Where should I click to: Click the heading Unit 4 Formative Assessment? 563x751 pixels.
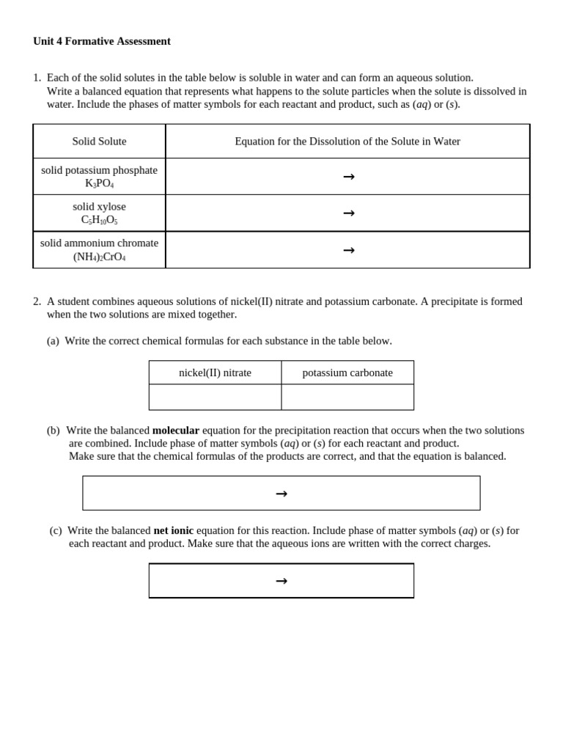tap(102, 41)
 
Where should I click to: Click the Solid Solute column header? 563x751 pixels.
tap(99, 142)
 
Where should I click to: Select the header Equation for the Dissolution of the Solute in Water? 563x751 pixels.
tap(347, 142)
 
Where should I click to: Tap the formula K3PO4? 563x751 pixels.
tap(99, 183)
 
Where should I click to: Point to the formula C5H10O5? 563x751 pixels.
tap(99, 220)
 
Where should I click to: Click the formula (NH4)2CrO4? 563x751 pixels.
tap(99, 257)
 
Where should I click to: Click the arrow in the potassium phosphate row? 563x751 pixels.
tap(349, 177)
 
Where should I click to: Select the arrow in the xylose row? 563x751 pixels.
tap(349, 213)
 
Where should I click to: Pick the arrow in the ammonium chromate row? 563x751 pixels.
tap(349, 250)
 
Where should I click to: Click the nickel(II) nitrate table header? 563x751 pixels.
tap(215, 373)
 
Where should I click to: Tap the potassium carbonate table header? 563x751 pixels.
tap(347, 373)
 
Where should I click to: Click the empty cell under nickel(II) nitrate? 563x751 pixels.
tap(215, 397)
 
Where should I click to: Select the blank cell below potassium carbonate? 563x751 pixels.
tap(347, 397)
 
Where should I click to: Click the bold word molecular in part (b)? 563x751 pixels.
tap(176, 431)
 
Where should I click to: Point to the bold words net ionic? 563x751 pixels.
tap(174, 530)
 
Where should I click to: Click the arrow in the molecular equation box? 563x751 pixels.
tap(281, 494)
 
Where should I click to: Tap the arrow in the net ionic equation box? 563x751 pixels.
tap(281, 581)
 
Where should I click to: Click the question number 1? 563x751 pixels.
tap(37, 78)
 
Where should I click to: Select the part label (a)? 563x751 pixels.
tap(53, 341)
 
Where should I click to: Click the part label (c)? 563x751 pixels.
tap(56, 530)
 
